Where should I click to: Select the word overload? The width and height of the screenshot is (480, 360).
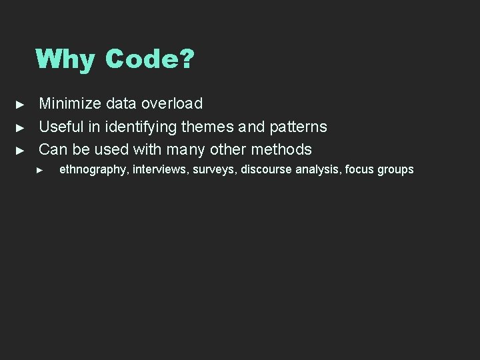(x=172, y=103)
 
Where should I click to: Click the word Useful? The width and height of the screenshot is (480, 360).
(x=61, y=127)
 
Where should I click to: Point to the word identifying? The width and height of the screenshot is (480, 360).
(x=141, y=127)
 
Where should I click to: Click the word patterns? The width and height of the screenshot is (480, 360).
(x=298, y=127)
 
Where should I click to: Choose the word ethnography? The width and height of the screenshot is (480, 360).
(x=93, y=169)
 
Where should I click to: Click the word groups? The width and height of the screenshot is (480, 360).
(x=396, y=169)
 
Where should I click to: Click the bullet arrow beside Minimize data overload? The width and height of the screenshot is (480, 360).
(x=20, y=105)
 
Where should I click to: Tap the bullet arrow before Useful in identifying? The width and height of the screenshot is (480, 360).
(x=20, y=127)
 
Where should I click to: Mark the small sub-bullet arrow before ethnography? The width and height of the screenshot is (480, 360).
(x=39, y=170)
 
